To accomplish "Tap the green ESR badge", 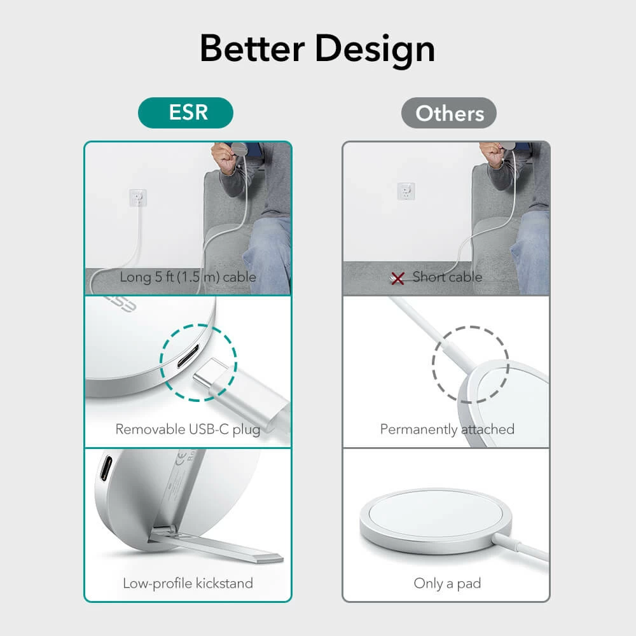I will [186, 113].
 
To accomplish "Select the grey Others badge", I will [449, 114].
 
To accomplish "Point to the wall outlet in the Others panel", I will [405, 190].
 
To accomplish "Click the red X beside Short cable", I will [397, 278].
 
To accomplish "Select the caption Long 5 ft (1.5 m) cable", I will [188, 277].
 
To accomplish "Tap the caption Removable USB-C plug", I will [188, 429].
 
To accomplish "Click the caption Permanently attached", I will [447, 429].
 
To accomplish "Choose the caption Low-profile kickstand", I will [188, 583].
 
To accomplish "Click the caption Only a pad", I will [447, 583].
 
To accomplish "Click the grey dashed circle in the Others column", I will [471, 364].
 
